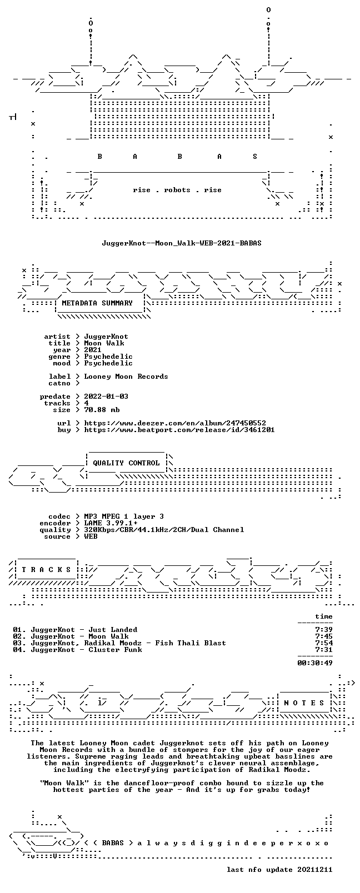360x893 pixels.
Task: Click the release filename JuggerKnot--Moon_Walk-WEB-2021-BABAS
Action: [x=182, y=243]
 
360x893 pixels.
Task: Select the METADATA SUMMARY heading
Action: [x=97, y=303]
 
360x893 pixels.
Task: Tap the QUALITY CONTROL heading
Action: [x=126, y=463]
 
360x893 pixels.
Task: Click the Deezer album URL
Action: [x=175, y=423]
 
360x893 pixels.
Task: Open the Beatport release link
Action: [x=179, y=430]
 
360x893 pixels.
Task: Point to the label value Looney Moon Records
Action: [x=126, y=377]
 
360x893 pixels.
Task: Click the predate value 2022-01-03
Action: [x=106, y=397]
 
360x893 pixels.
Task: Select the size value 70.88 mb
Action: [x=102, y=410]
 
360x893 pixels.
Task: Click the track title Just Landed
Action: [x=113, y=630]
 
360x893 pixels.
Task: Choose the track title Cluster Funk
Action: [x=115, y=650]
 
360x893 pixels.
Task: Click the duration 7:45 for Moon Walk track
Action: [x=324, y=636]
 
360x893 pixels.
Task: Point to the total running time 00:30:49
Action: [x=315, y=663]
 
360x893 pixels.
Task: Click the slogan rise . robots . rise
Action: [x=177, y=190]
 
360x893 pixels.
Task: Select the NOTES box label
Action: [x=304, y=703]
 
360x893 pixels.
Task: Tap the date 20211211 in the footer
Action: [x=315, y=870]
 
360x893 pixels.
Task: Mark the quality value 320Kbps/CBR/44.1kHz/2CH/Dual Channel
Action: [x=164, y=530]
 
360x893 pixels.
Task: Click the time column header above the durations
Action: [x=324, y=616]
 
